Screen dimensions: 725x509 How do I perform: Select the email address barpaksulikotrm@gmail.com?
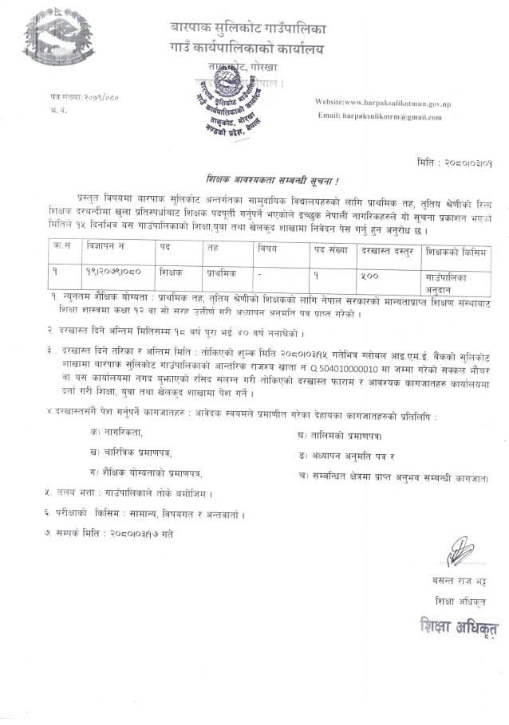380,116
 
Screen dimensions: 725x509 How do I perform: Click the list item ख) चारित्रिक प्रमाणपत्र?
137,453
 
